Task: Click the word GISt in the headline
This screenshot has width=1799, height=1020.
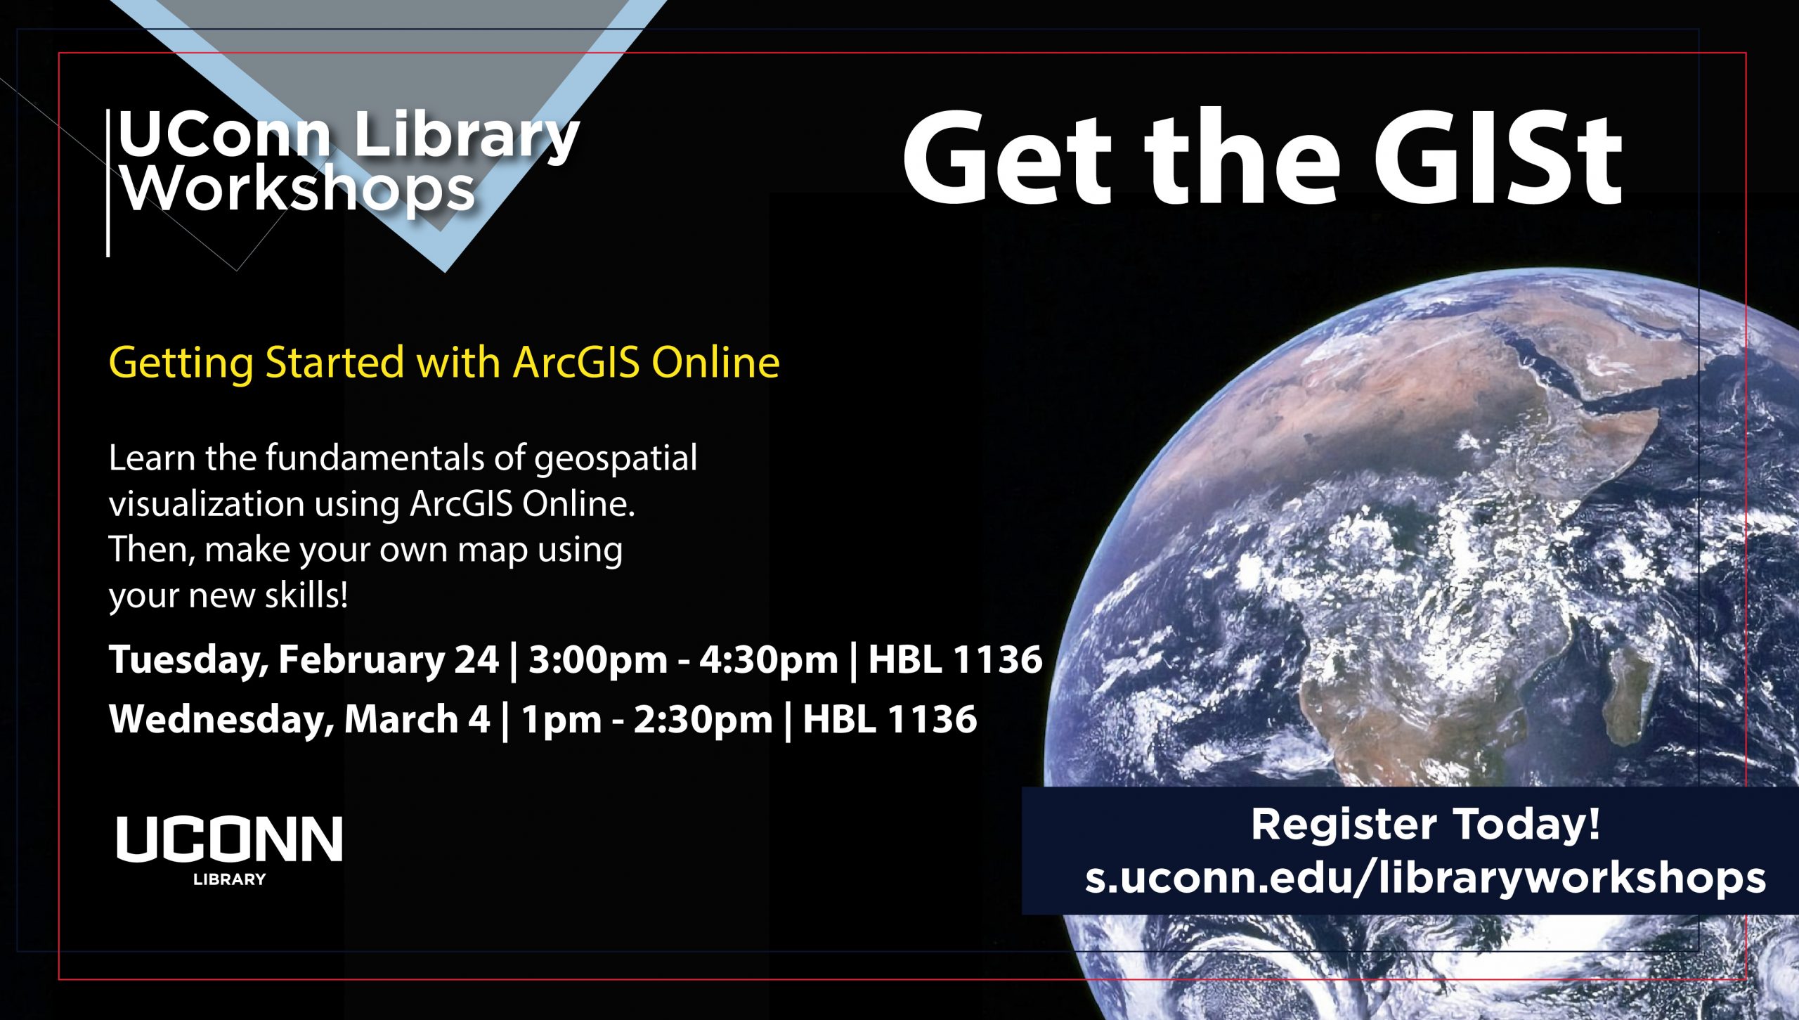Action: click(x=1498, y=159)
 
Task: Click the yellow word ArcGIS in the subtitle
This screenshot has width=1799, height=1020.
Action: click(x=576, y=363)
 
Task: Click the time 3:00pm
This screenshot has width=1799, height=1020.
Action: click(x=597, y=661)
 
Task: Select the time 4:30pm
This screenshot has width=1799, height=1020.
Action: click(x=768, y=661)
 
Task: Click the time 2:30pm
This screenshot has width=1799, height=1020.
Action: click(x=703, y=720)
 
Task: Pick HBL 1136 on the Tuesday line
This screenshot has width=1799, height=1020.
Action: click(x=955, y=660)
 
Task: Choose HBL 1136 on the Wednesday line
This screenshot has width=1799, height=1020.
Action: click(x=890, y=719)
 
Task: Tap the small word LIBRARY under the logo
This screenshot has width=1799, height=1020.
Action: click(x=229, y=879)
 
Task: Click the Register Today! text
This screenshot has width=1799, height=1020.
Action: click(x=1425, y=825)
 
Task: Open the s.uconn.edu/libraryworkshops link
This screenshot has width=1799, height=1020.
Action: click(x=1425, y=878)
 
